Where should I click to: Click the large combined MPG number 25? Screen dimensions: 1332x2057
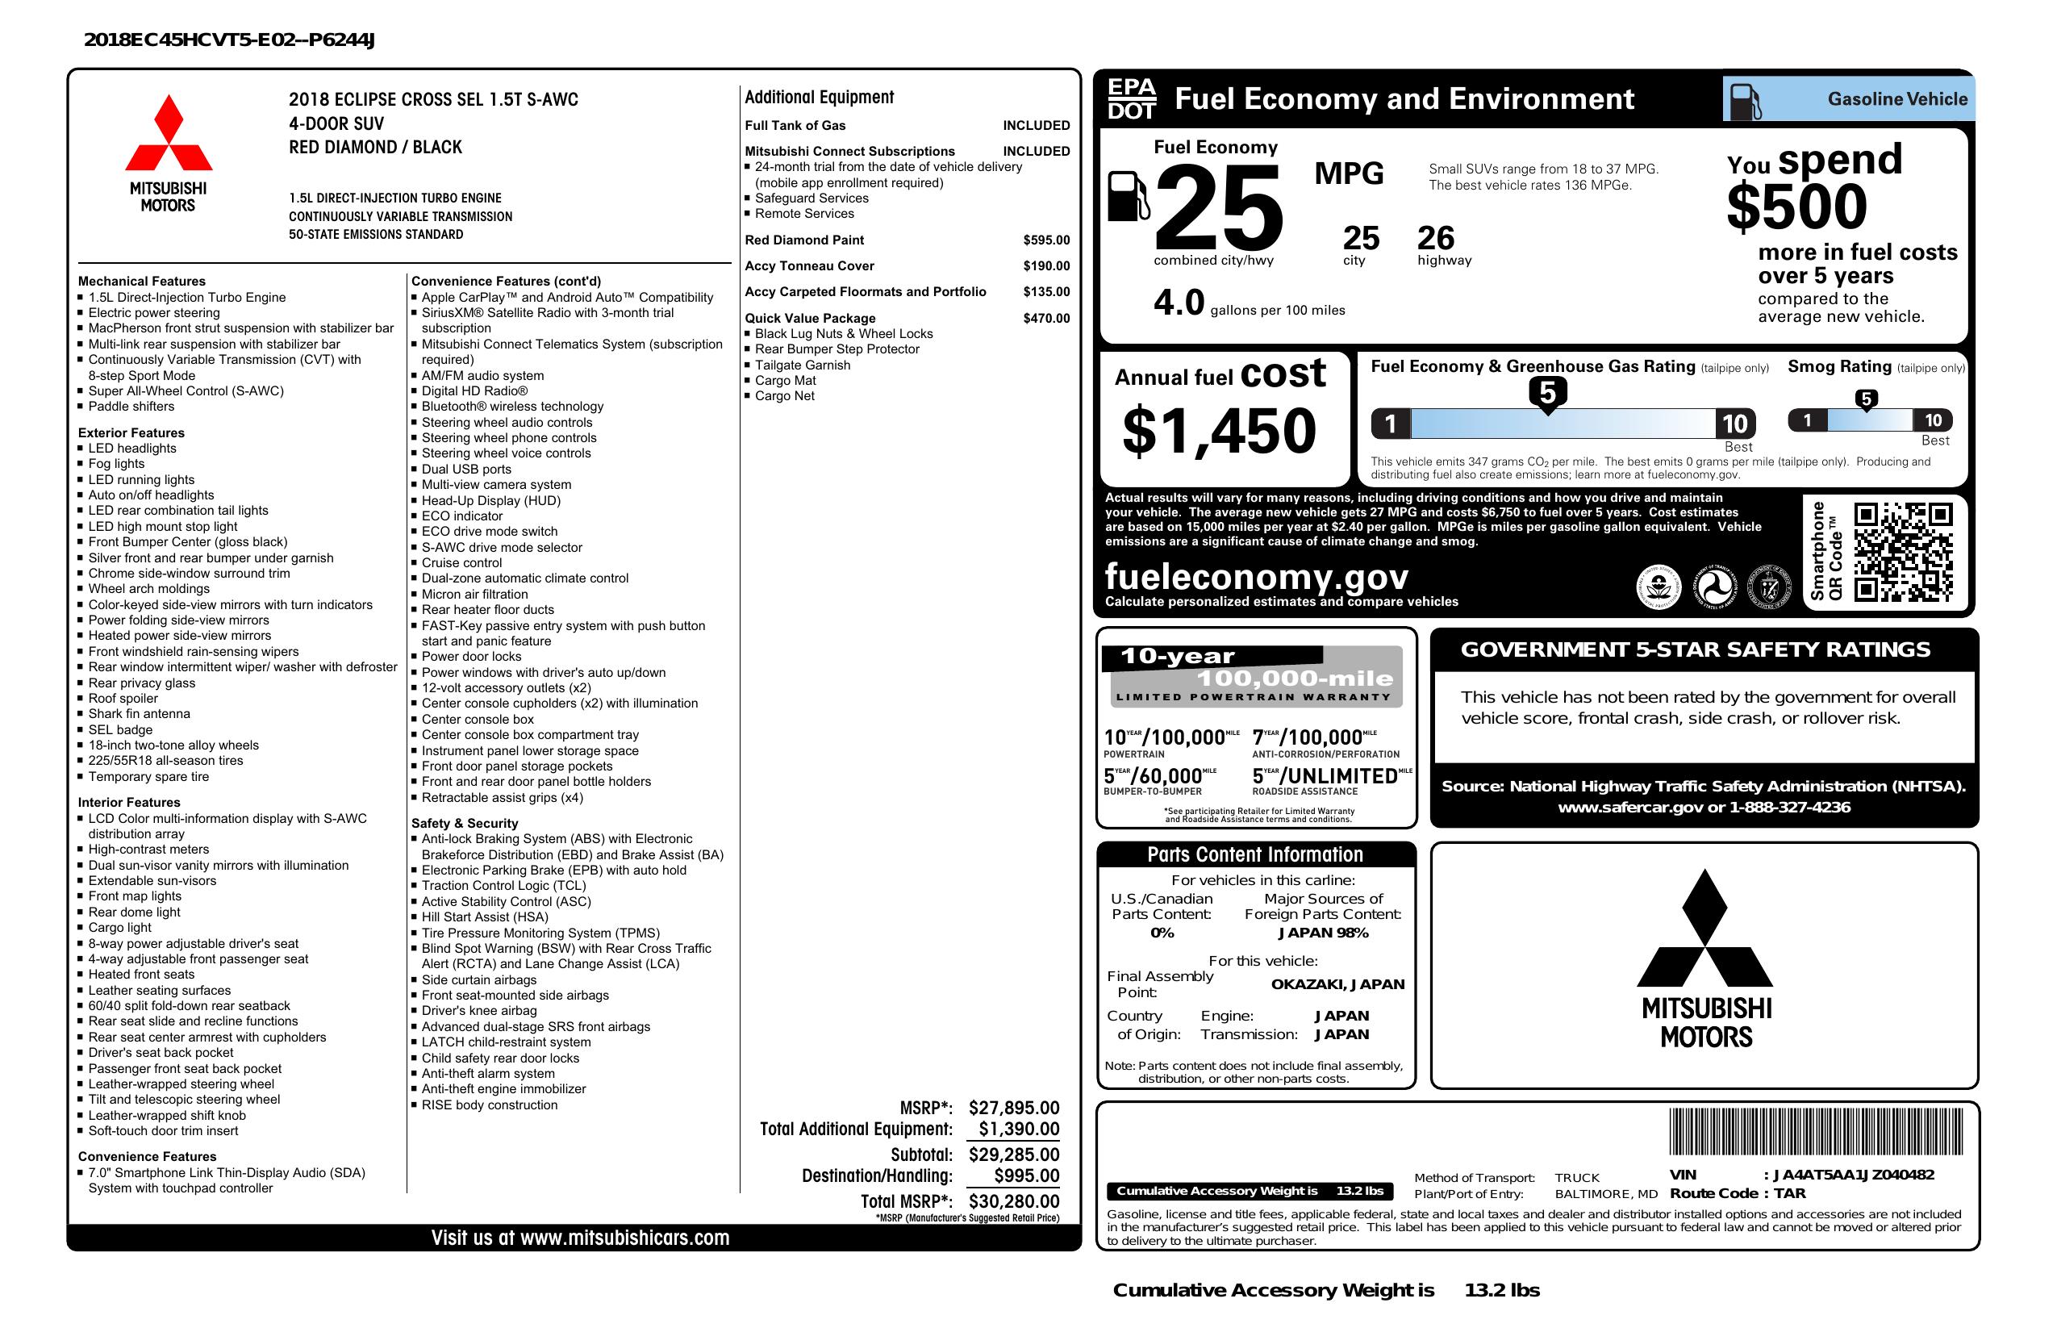(1219, 208)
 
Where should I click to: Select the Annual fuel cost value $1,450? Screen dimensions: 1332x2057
(1219, 432)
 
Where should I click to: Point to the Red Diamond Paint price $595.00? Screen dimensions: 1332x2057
(1045, 240)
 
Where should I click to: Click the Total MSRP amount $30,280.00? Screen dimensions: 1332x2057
(1013, 1200)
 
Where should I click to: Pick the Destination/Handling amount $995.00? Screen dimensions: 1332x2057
(1026, 1175)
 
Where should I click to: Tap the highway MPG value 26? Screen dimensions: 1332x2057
(1436, 238)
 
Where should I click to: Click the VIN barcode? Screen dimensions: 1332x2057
(1815, 1133)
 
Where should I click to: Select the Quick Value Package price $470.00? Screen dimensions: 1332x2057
(1045, 318)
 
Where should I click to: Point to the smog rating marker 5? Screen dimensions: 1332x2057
(1866, 399)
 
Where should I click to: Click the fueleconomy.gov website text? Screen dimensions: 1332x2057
(1257, 577)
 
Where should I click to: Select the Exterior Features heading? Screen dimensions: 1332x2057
(131, 433)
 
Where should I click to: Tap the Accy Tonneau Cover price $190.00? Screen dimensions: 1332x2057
(1045, 266)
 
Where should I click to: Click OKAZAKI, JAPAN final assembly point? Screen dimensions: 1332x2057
(1337, 984)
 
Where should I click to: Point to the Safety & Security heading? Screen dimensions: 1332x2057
(464, 824)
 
